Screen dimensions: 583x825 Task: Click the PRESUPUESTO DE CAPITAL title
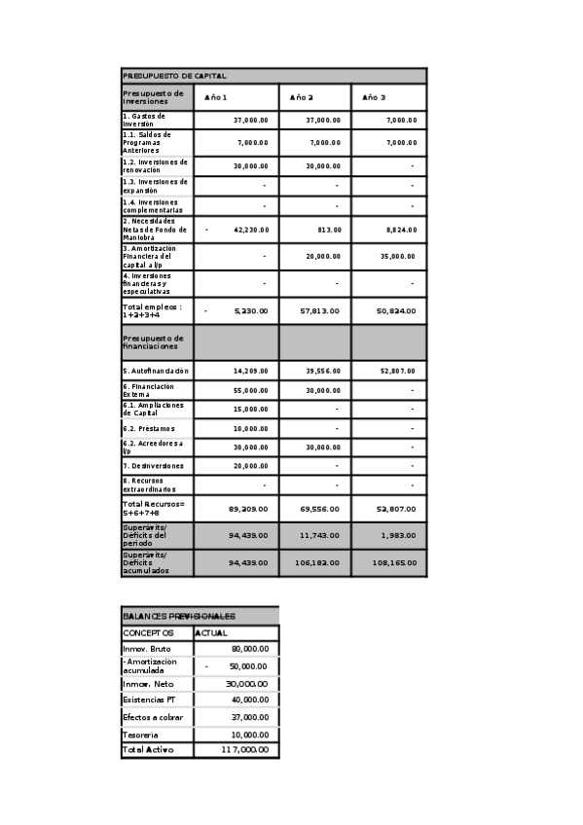(175, 75)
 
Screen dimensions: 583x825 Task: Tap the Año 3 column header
(374, 97)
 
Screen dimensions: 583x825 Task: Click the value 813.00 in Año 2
(328, 230)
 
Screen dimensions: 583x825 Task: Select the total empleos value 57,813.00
(319, 310)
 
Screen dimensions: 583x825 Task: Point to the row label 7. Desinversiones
(155, 466)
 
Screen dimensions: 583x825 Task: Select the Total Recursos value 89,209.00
(248, 508)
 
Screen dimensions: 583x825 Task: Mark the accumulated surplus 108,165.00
(394, 562)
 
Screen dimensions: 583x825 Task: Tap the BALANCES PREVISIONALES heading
(179, 616)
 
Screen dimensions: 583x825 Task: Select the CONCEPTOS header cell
(149, 633)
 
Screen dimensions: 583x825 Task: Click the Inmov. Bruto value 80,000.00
(249, 649)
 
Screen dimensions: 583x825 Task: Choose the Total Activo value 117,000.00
(244, 751)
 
